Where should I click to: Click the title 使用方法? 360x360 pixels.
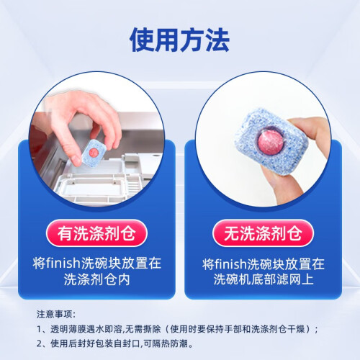click(179, 40)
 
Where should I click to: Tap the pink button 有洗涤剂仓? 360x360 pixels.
click(96, 233)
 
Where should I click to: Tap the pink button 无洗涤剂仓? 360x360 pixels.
click(263, 233)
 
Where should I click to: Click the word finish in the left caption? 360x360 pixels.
click(63, 263)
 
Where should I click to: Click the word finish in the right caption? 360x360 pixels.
click(230, 264)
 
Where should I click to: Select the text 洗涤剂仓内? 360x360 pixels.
click(96, 279)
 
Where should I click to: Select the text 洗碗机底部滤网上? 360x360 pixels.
click(264, 279)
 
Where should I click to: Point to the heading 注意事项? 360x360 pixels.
click(54, 314)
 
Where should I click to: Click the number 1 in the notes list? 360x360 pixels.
click(39, 329)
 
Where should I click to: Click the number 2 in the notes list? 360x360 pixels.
click(40, 343)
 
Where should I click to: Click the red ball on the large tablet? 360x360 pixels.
click(271, 142)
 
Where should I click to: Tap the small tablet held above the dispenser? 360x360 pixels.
click(94, 152)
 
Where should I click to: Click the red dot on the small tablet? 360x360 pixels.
click(93, 152)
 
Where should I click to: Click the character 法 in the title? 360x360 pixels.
click(217, 40)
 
